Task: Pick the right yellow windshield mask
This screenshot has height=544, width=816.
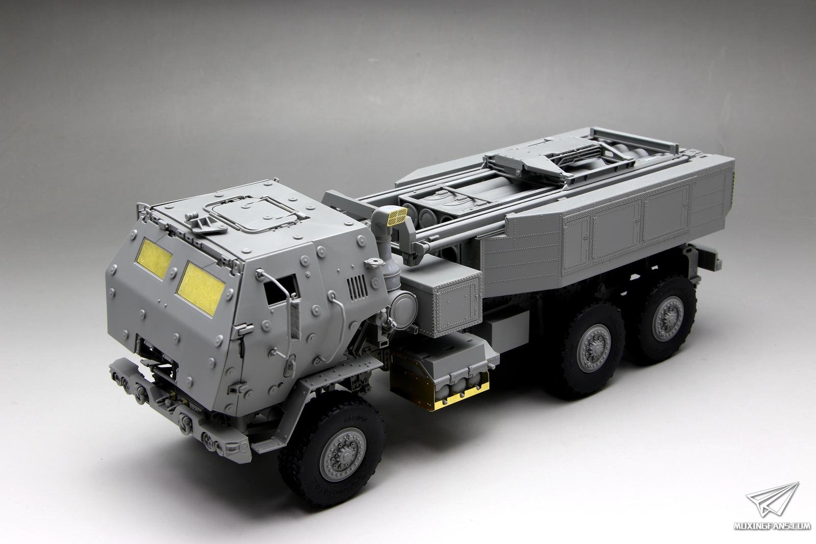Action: [x=201, y=288]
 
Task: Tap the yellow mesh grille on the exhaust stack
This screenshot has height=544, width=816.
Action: [x=397, y=217]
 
